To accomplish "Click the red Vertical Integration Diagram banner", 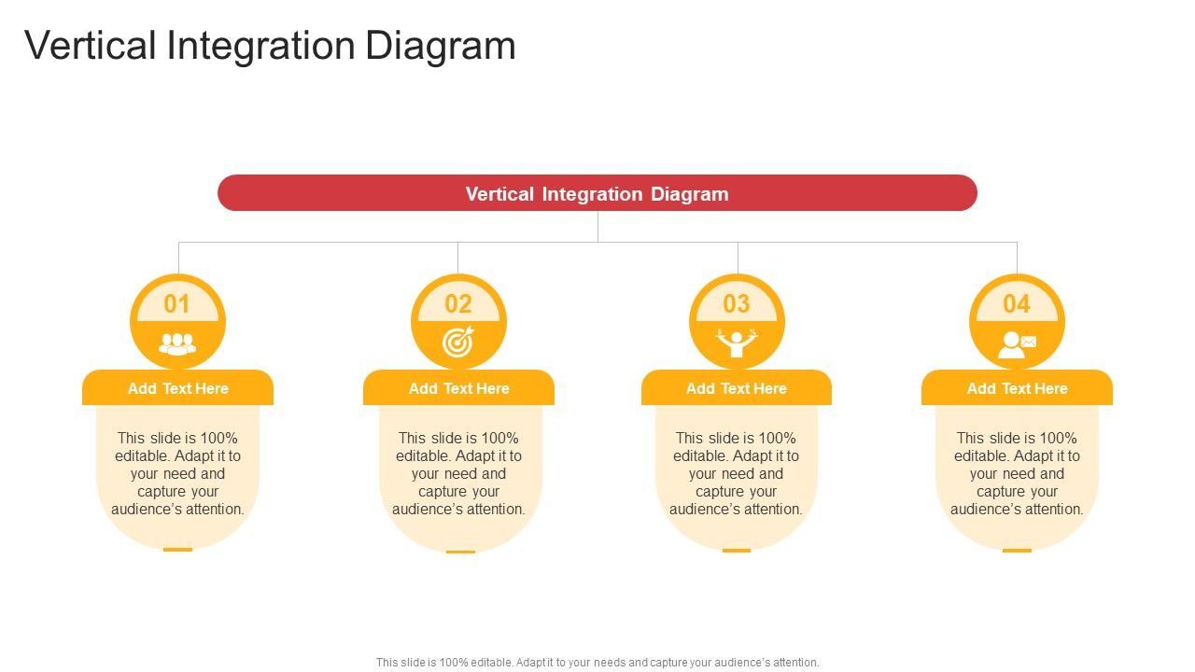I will [x=597, y=193].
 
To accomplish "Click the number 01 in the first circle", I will [x=177, y=303].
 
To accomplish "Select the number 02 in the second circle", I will [x=458, y=303].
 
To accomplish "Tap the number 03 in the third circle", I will [x=737, y=303].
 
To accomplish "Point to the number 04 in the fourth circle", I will [x=1017, y=303].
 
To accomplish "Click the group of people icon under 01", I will [x=177, y=344].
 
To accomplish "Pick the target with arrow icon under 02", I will [x=458, y=343].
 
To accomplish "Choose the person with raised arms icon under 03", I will [x=737, y=343].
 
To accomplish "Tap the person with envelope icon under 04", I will [x=1017, y=344].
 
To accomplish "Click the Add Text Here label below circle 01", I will [x=177, y=388].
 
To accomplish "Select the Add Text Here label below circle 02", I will [x=458, y=388].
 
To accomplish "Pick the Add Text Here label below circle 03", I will [x=737, y=388].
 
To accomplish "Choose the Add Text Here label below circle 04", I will [x=1017, y=388].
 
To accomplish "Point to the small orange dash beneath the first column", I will [x=177, y=550].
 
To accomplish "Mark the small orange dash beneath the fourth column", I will [x=1017, y=551].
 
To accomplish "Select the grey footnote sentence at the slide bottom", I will [x=597, y=663].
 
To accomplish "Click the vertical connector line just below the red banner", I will [x=597, y=226].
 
